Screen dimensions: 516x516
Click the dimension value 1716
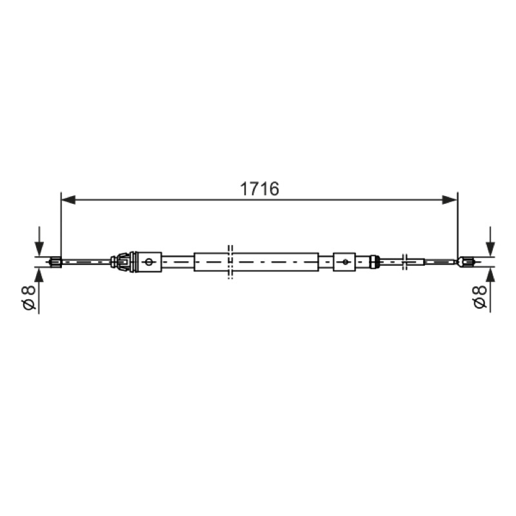pyautogui.click(x=259, y=189)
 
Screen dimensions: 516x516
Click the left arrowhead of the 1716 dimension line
pyautogui.click(x=68, y=200)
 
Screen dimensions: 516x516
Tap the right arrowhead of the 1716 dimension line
pyautogui.click(x=450, y=200)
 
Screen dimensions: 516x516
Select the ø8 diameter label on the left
pyautogui.click(x=28, y=298)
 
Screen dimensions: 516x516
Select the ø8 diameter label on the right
pyautogui.click(x=480, y=297)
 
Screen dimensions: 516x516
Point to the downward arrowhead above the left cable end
pyautogui.click(x=39, y=249)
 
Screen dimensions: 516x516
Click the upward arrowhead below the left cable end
pyautogui.click(x=39, y=275)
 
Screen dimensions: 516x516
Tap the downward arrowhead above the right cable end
pyautogui.click(x=490, y=249)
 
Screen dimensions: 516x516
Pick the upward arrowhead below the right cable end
pyautogui.click(x=490, y=275)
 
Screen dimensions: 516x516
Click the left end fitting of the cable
pyautogui.click(x=55, y=262)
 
